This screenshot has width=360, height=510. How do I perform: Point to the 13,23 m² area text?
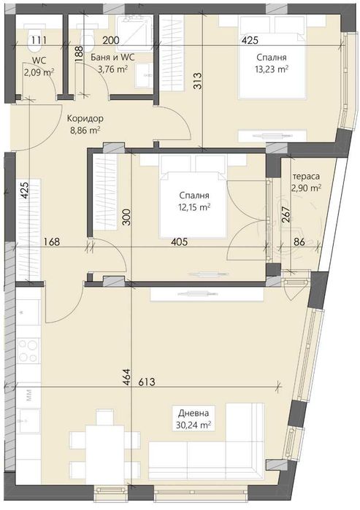click(271, 70)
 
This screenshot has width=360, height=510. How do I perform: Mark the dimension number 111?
click(39, 39)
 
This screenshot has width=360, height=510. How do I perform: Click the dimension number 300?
click(126, 217)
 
